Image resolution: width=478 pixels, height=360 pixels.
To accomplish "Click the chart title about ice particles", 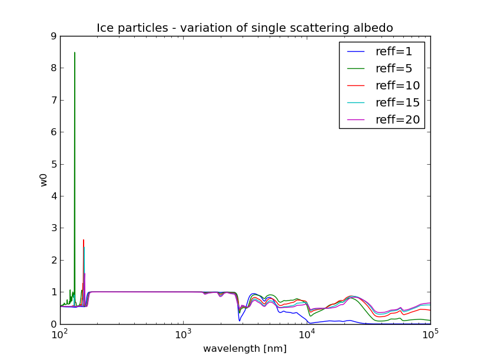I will click(x=245, y=28).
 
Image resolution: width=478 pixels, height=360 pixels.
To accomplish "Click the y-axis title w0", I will click(x=44, y=180).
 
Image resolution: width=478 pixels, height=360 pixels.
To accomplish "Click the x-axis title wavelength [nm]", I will click(x=245, y=349).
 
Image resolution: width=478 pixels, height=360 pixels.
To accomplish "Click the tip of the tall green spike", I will click(x=74, y=52).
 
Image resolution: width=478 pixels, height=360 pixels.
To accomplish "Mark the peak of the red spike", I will click(x=84, y=240).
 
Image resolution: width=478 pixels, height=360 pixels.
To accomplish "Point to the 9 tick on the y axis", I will click(x=54, y=36).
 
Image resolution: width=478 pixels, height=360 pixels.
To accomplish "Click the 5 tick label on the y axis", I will click(x=54, y=164).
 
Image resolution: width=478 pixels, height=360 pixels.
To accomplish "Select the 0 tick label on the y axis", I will click(x=54, y=324).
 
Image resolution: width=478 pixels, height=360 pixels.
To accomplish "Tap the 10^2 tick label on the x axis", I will click(x=60, y=335).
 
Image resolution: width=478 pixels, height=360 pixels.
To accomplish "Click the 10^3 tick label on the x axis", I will click(x=184, y=335).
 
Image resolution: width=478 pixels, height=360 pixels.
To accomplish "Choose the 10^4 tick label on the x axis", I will click(x=307, y=335).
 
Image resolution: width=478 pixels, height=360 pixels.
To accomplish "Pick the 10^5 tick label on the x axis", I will click(x=430, y=335).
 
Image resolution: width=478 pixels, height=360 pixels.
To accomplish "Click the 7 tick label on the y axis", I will click(x=54, y=100).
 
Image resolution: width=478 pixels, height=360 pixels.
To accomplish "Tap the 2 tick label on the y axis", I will click(x=54, y=260).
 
